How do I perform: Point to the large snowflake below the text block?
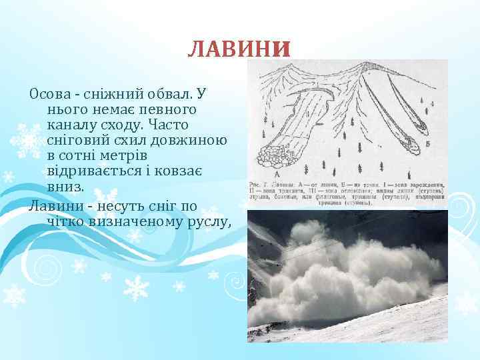pos(137,288)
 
